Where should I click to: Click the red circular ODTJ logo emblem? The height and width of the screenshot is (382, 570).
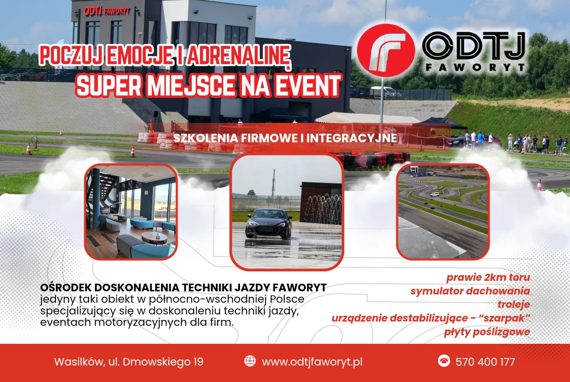tap(386, 50)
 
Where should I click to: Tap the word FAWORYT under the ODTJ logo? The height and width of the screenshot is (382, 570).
tap(475, 67)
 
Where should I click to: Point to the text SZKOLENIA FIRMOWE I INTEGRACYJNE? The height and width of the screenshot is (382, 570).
tap(285, 138)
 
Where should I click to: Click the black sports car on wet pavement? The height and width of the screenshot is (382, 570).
tap(268, 224)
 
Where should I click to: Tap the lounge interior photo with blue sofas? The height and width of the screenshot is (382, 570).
tap(131, 212)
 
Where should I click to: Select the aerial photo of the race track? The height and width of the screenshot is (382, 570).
tap(443, 212)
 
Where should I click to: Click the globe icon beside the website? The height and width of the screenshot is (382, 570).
tap(250, 361)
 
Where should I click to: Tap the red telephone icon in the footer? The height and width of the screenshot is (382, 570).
tap(444, 361)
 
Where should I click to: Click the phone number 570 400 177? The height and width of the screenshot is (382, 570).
tap(485, 362)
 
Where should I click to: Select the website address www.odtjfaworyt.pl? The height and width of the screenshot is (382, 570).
tap(312, 362)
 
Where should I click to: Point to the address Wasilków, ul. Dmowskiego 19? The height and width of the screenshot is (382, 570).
tap(129, 362)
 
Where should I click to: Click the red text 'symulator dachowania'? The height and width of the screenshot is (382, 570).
tap(470, 291)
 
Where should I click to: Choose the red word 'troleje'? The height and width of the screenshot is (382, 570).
tap(514, 304)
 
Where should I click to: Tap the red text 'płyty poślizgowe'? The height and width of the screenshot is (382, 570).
tap(487, 332)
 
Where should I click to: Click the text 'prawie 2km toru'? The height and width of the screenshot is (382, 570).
tap(488, 277)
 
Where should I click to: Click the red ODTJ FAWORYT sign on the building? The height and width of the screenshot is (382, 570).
tap(107, 11)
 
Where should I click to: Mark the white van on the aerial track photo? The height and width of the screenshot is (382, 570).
tap(434, 194)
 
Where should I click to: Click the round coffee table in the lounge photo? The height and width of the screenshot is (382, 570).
tap(154, 238)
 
